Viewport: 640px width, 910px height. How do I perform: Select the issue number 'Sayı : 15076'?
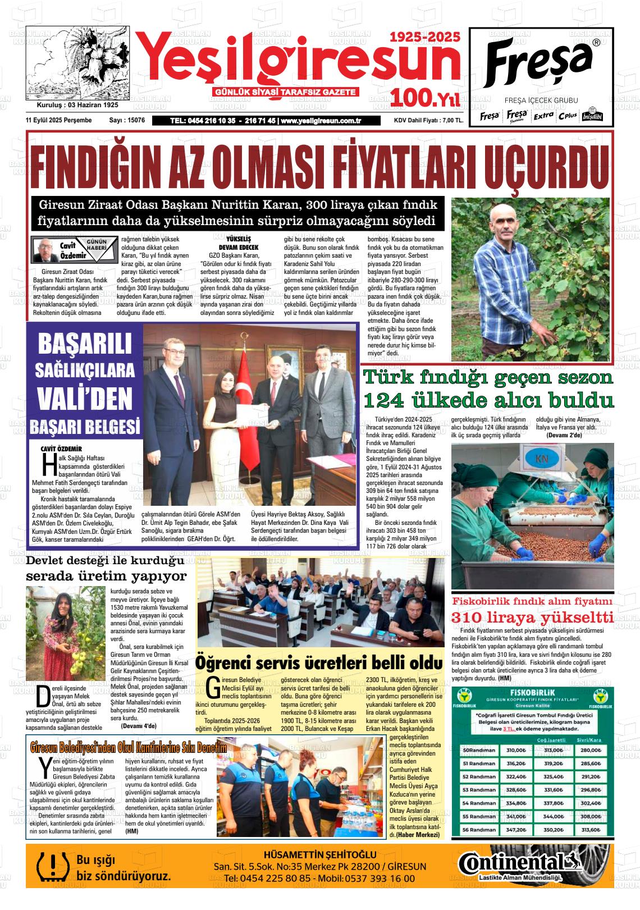pos(127,120)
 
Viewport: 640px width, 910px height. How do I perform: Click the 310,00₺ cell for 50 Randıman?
pos(515,750)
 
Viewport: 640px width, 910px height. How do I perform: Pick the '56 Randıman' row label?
pos(479,830)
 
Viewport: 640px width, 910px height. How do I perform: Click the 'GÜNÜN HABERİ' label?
pos(97,245)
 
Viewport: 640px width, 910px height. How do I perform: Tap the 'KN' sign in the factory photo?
pos(542,460)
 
